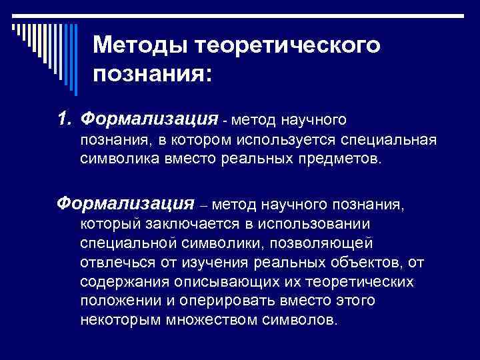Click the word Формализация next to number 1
(149, 120)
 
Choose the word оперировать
(217, 301)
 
